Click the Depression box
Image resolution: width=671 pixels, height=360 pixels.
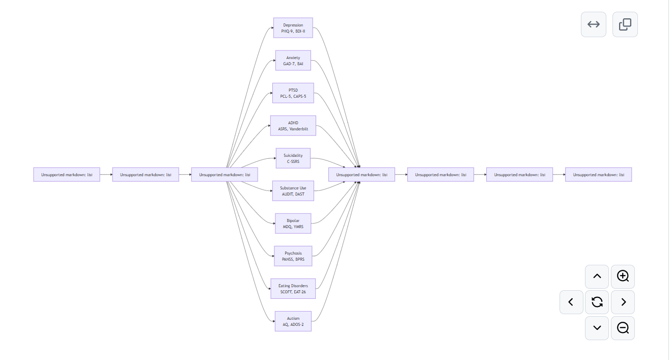coord(293,28)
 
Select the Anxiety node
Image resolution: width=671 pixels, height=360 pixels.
coord(293,61)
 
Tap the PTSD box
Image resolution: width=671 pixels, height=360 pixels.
coord(293,93)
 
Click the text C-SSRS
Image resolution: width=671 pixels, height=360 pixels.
coord(293,161)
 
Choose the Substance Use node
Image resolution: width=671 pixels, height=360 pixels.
coord(293,191)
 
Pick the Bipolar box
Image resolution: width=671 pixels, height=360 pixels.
coord(293,224)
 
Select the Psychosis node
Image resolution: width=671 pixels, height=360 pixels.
coord(293,256)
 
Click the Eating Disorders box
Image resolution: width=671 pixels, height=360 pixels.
coord(293,289)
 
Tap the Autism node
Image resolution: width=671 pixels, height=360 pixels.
coord(293,321)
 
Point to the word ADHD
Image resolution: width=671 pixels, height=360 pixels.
coord(293,123)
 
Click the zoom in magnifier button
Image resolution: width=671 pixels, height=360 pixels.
coord(623,276)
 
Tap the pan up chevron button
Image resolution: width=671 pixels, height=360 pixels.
coord(597,276)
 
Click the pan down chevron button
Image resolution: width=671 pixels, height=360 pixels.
coord(597,328)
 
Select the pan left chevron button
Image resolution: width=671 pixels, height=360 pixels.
coord(571,302)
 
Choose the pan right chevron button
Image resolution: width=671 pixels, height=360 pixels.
coord(623,302)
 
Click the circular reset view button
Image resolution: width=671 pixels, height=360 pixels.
coord(597,302)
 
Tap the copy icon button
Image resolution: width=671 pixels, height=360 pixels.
coord(625,24)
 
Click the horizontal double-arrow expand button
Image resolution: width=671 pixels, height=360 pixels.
coord(594,24)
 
